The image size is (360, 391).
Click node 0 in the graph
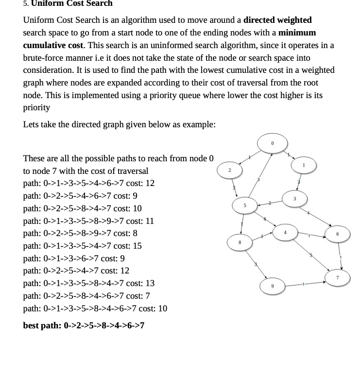(x=272, y=143)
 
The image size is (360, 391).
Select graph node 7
(x=338, y=277)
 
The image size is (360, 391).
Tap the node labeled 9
(x=272, y=286)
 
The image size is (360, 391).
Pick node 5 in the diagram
(x=245, y=205)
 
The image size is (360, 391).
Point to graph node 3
(x=294, y=199)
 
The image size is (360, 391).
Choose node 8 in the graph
(x=240, y=241)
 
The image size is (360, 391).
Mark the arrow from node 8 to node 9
(x=256, y=264)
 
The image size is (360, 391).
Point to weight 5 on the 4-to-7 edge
(x=311, y=255)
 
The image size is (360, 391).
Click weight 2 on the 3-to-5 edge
(x=269, y=203)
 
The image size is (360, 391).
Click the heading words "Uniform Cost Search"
(x=71, y=4)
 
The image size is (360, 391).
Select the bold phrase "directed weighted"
(x=277, y=20)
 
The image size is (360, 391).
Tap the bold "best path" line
(x=84, y=325)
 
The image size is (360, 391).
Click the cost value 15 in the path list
(x=137, y=246)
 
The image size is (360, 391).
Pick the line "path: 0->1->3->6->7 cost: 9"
(x=74, y=258)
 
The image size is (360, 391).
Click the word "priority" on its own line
(x=36, y=107)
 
